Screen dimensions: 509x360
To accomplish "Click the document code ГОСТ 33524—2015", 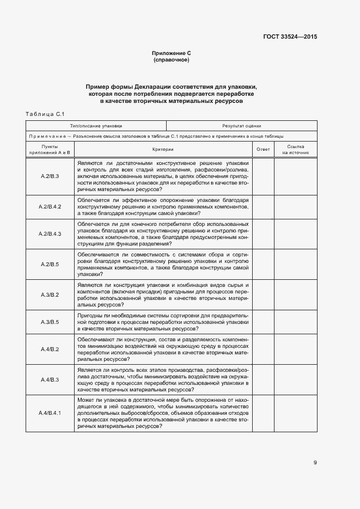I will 290,37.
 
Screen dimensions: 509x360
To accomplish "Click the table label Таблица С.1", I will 45,114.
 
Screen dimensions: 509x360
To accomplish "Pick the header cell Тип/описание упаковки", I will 96,125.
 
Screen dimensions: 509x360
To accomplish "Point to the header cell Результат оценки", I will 241,125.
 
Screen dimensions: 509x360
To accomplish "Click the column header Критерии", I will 163,149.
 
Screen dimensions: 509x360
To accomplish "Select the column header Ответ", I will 263,149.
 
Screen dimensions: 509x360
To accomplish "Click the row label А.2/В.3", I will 50,176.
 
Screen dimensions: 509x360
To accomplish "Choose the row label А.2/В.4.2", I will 50,207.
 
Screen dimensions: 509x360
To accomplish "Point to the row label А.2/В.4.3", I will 50,234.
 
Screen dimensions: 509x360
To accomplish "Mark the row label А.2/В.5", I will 50,264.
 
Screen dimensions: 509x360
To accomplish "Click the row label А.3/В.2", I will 50,295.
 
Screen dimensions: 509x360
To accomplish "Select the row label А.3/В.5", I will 50,322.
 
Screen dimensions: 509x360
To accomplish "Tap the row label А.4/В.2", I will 50,349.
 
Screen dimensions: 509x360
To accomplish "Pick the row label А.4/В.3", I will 50,379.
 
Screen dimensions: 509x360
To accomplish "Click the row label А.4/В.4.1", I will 50,413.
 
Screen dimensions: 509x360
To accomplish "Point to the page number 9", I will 315,463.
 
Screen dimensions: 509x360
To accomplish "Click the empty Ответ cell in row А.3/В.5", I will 263,322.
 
